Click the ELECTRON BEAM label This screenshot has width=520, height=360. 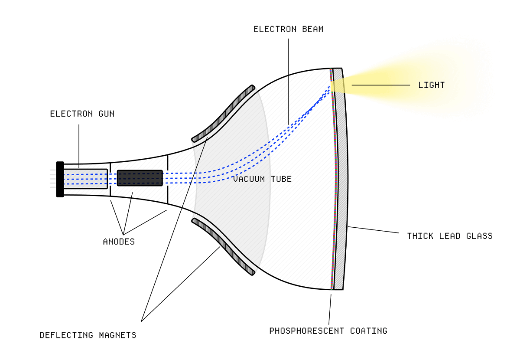point(288,29)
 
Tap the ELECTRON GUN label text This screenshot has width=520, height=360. point(82,114)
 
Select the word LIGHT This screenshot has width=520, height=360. point(431,85)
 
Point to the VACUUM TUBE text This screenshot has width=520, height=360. point(262,179)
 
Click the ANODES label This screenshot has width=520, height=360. point(119,242)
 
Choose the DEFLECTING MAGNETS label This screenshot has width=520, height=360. point(88,335)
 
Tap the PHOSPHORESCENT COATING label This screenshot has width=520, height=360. point(328,331)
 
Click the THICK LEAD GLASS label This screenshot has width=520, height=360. point(450,236)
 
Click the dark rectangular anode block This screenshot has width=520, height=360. point(140,178)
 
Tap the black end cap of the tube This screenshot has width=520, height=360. point(60,179)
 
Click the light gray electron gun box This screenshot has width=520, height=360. point(85,179)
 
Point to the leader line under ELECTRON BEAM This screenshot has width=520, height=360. point(288,82)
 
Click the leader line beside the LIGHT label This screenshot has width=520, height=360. point(381,85)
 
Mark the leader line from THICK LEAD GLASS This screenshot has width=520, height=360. point(374,229)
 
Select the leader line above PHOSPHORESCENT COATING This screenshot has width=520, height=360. point(330,309)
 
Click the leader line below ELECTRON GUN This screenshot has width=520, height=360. point(79,146)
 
